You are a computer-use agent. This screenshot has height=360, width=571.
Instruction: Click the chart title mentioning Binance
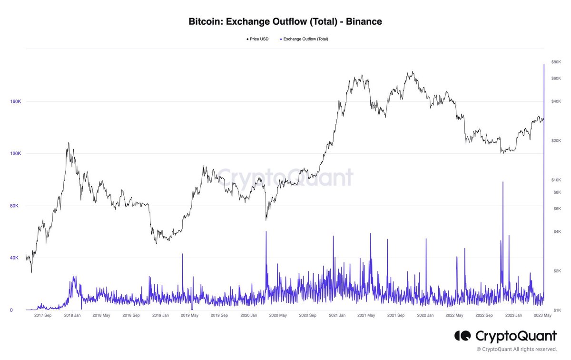coord(285,21)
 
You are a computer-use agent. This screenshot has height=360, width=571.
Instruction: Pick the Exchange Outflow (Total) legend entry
coord(305,39)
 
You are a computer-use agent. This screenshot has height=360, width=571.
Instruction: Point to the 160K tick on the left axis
coord(16,101)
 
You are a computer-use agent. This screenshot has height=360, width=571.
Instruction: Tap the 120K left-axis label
coord(16,154)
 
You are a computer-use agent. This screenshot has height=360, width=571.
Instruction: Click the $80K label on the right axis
coord(556,62)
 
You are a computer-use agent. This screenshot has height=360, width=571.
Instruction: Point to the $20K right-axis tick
coord(556,141)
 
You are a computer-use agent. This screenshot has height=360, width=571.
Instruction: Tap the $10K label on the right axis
coord(556,180)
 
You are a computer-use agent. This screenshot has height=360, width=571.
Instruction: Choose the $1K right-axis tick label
coord(555,310)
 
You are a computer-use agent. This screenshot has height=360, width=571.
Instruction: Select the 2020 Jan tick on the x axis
coord(249,315)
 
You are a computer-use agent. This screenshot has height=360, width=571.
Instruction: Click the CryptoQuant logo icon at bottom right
coord(463,336)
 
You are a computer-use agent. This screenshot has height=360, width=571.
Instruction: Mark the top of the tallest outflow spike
coord(544,64)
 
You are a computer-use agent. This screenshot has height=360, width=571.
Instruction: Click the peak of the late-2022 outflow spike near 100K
coord(502,182)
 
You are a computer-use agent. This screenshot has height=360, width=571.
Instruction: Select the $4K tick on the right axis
coord(556,232)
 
